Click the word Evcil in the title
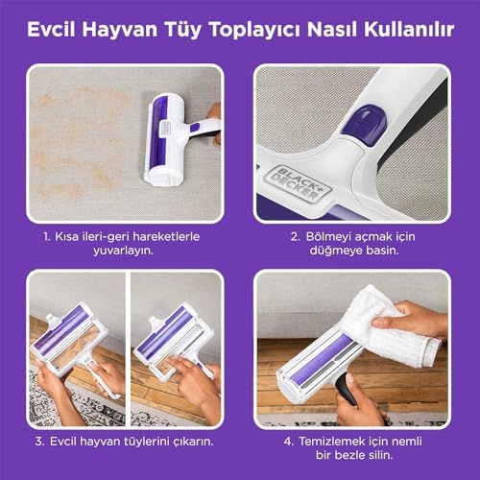tap(51, 30)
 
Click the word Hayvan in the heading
tap(120, 31)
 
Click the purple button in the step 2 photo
tap(364, 120)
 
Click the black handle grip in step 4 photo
tap(347, 390)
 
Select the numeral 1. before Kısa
tap(47, 237)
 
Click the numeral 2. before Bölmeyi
tap(295, 237)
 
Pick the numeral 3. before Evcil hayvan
tap(40, 442)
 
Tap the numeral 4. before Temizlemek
tap(289, 442)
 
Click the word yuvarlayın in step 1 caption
tap(123, 251)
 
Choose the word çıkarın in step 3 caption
tap(193, 443)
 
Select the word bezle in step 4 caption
tap(353, 455)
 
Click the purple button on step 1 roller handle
tap(195, 128)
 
